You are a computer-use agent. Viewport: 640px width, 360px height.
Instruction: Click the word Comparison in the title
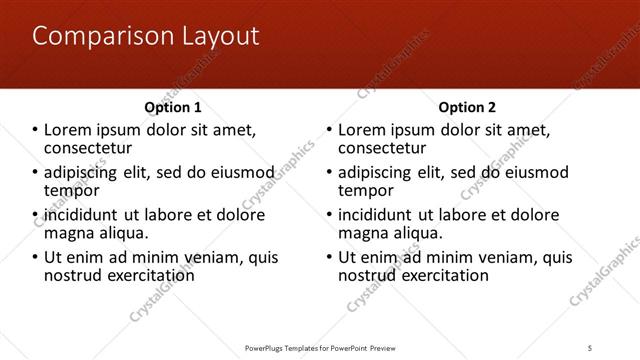(x=93, y=37)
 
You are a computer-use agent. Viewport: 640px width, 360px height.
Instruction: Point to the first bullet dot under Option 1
(x=36, y=131)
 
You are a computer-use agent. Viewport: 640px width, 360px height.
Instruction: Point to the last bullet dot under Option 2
(x=331, y=258)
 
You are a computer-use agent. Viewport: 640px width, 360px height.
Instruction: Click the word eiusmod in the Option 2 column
(x=534, y=173)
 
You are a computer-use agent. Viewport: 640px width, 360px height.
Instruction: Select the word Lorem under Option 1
(x=66, y=131)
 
